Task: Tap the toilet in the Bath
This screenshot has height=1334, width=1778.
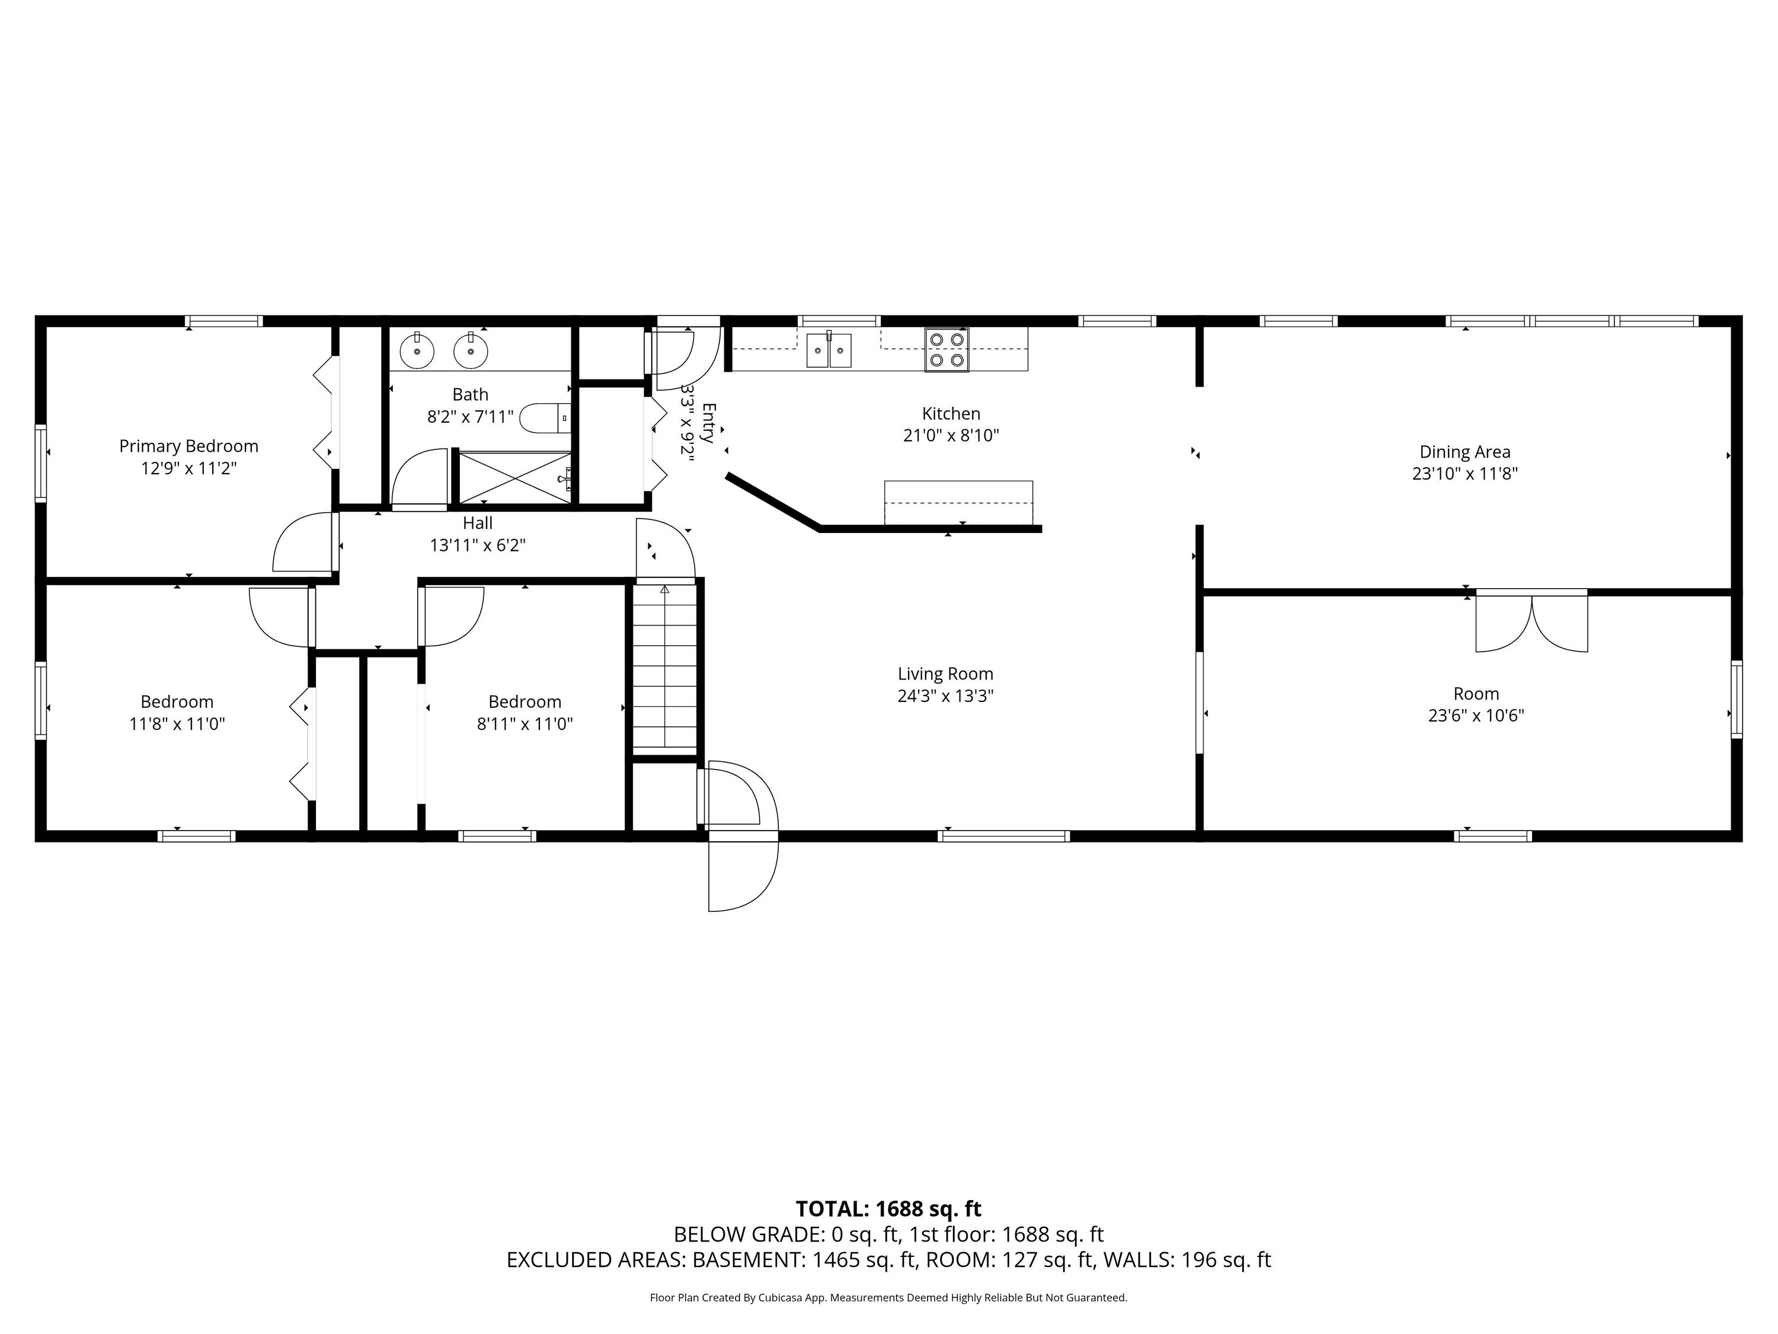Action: pyautogui.click(x=546, y=418)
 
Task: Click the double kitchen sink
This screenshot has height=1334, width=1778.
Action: pyautogui.click(x=829, y=350)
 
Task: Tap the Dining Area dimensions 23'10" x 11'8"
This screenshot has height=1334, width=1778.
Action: pyautogui.click(x=1464, y=474)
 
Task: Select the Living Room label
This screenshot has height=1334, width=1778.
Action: pyautogui.click(x=945, y=674)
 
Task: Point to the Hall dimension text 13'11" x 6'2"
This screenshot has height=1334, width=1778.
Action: pyautogui.click(x=478, y=545)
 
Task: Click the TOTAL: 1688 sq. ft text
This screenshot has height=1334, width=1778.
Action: pyautogui.click(x=888, y=1208)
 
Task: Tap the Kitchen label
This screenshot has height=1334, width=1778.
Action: pyautogui.click(x=951, y=413)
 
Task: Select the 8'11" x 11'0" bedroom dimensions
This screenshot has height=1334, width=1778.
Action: pyautogui.click(x=525, y=724)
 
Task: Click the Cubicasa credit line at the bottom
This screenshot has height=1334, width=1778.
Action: pyautogui.click(x=888, y=1297)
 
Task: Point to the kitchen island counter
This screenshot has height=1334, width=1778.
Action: pyautogui.click(x=958, y=503)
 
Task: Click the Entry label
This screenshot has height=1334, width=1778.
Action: pyautogui.click(x=707, y=423)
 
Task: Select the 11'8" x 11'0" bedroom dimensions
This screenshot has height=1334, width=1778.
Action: pyautogui.click(x=177, y=724)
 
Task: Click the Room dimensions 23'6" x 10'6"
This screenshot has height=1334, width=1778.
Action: pyautogui.click(x=1476, y=716)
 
